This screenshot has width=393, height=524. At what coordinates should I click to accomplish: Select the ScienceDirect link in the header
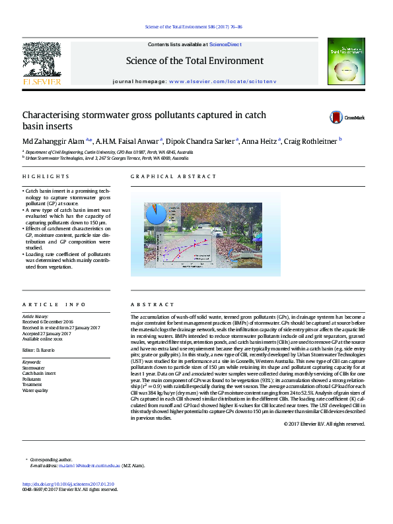[x=225, y=44]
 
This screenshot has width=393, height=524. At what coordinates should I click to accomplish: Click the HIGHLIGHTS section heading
[x=46, y=177]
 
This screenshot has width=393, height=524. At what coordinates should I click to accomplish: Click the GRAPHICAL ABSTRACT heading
[x=173, y=177]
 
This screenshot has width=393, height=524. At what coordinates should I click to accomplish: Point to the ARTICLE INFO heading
[x=54, y=305]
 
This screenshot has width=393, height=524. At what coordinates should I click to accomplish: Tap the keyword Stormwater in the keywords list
[x=34, y=368]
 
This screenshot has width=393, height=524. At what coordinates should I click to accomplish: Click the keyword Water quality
[x=36, y=391]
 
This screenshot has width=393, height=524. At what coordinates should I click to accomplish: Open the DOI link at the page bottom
[x=68, y=483]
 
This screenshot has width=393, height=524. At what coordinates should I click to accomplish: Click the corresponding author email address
[x=89, y=465]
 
